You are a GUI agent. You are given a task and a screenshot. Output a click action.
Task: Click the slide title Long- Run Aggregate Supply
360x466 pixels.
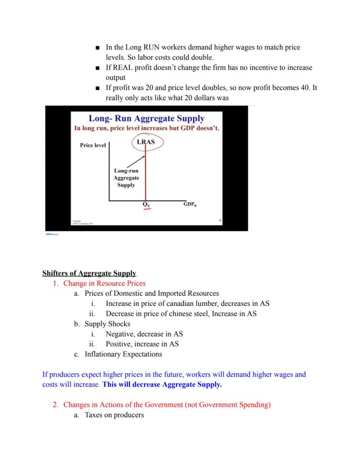tap(147, 118)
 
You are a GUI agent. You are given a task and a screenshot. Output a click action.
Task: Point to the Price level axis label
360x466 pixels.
tap(93, 145)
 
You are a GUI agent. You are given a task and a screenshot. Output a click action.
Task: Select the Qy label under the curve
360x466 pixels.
tap(146, 204)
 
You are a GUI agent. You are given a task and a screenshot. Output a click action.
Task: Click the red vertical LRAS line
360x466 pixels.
tap(146, 174)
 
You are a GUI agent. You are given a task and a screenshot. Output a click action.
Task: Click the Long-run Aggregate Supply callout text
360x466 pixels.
tap(126, 178)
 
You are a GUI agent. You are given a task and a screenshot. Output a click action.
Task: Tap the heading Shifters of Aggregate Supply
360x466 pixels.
tap(89, 273)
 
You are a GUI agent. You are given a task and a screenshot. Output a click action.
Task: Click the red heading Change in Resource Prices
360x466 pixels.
tap(104, 283)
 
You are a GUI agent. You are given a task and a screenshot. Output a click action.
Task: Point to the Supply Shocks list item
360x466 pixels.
tap(107, 324)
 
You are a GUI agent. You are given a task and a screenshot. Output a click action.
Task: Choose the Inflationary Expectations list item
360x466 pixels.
tap(123, 354)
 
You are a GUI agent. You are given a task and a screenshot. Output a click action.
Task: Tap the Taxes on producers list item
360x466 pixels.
tap(114, 415)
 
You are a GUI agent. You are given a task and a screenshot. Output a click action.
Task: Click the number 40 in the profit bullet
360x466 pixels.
tap(304, 88)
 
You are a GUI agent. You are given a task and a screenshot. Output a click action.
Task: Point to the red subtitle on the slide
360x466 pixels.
tap(147, 128)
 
